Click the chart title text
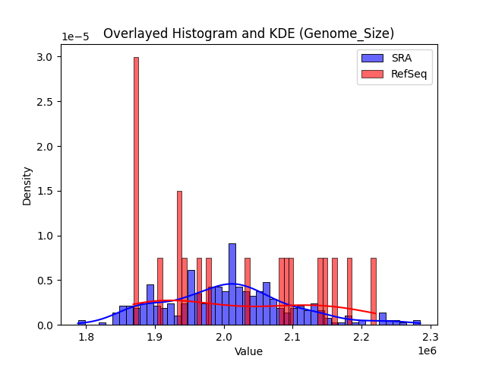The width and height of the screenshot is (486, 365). pos(248,33)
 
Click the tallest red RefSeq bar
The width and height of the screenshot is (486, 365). pos(136,190)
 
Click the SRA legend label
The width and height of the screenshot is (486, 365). pos(401,58)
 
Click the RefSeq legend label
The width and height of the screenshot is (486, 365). pos(408,73)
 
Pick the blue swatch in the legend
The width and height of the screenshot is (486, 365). pos(372,58)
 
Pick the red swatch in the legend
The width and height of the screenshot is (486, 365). pos(372,73)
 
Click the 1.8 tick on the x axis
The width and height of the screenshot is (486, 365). pos(86,337)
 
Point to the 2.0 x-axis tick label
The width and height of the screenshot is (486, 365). pos(224,337)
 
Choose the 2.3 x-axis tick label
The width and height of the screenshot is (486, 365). pos(431,337)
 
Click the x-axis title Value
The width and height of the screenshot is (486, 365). pos(248,351)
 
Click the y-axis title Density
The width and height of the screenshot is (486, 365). pos(27,186)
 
